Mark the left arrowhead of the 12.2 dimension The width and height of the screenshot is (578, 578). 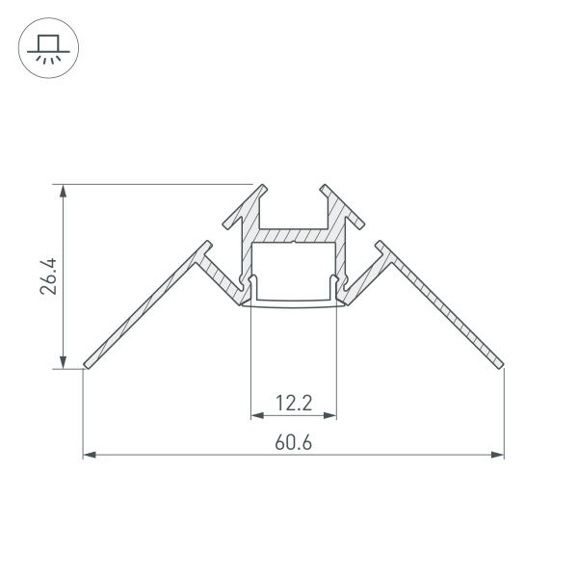tap(256, 416)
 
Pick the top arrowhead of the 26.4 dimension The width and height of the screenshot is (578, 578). tap(64, 190)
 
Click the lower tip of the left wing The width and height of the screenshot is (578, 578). tap(87, 365)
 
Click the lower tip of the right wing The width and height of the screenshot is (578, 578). tap(501, 365)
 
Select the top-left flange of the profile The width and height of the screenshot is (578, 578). tap(243, 205)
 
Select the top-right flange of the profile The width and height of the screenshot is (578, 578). tap(345, 205)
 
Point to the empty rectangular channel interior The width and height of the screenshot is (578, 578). tap(294, 272)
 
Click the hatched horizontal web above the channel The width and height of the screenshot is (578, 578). tap(294, 235)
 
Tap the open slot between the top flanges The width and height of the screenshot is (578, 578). tap(294, 207)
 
